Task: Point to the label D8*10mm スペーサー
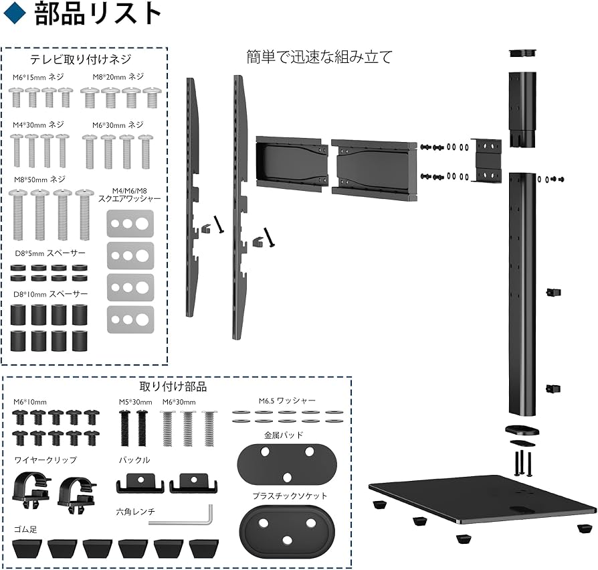51,294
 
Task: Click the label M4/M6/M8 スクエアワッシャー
130,194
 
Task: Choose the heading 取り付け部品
183,386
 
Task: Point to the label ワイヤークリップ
45,460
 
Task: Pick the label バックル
134,460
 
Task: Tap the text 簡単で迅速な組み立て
319,57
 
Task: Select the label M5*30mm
135,401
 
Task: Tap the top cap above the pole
523,52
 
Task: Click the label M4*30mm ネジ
39,125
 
